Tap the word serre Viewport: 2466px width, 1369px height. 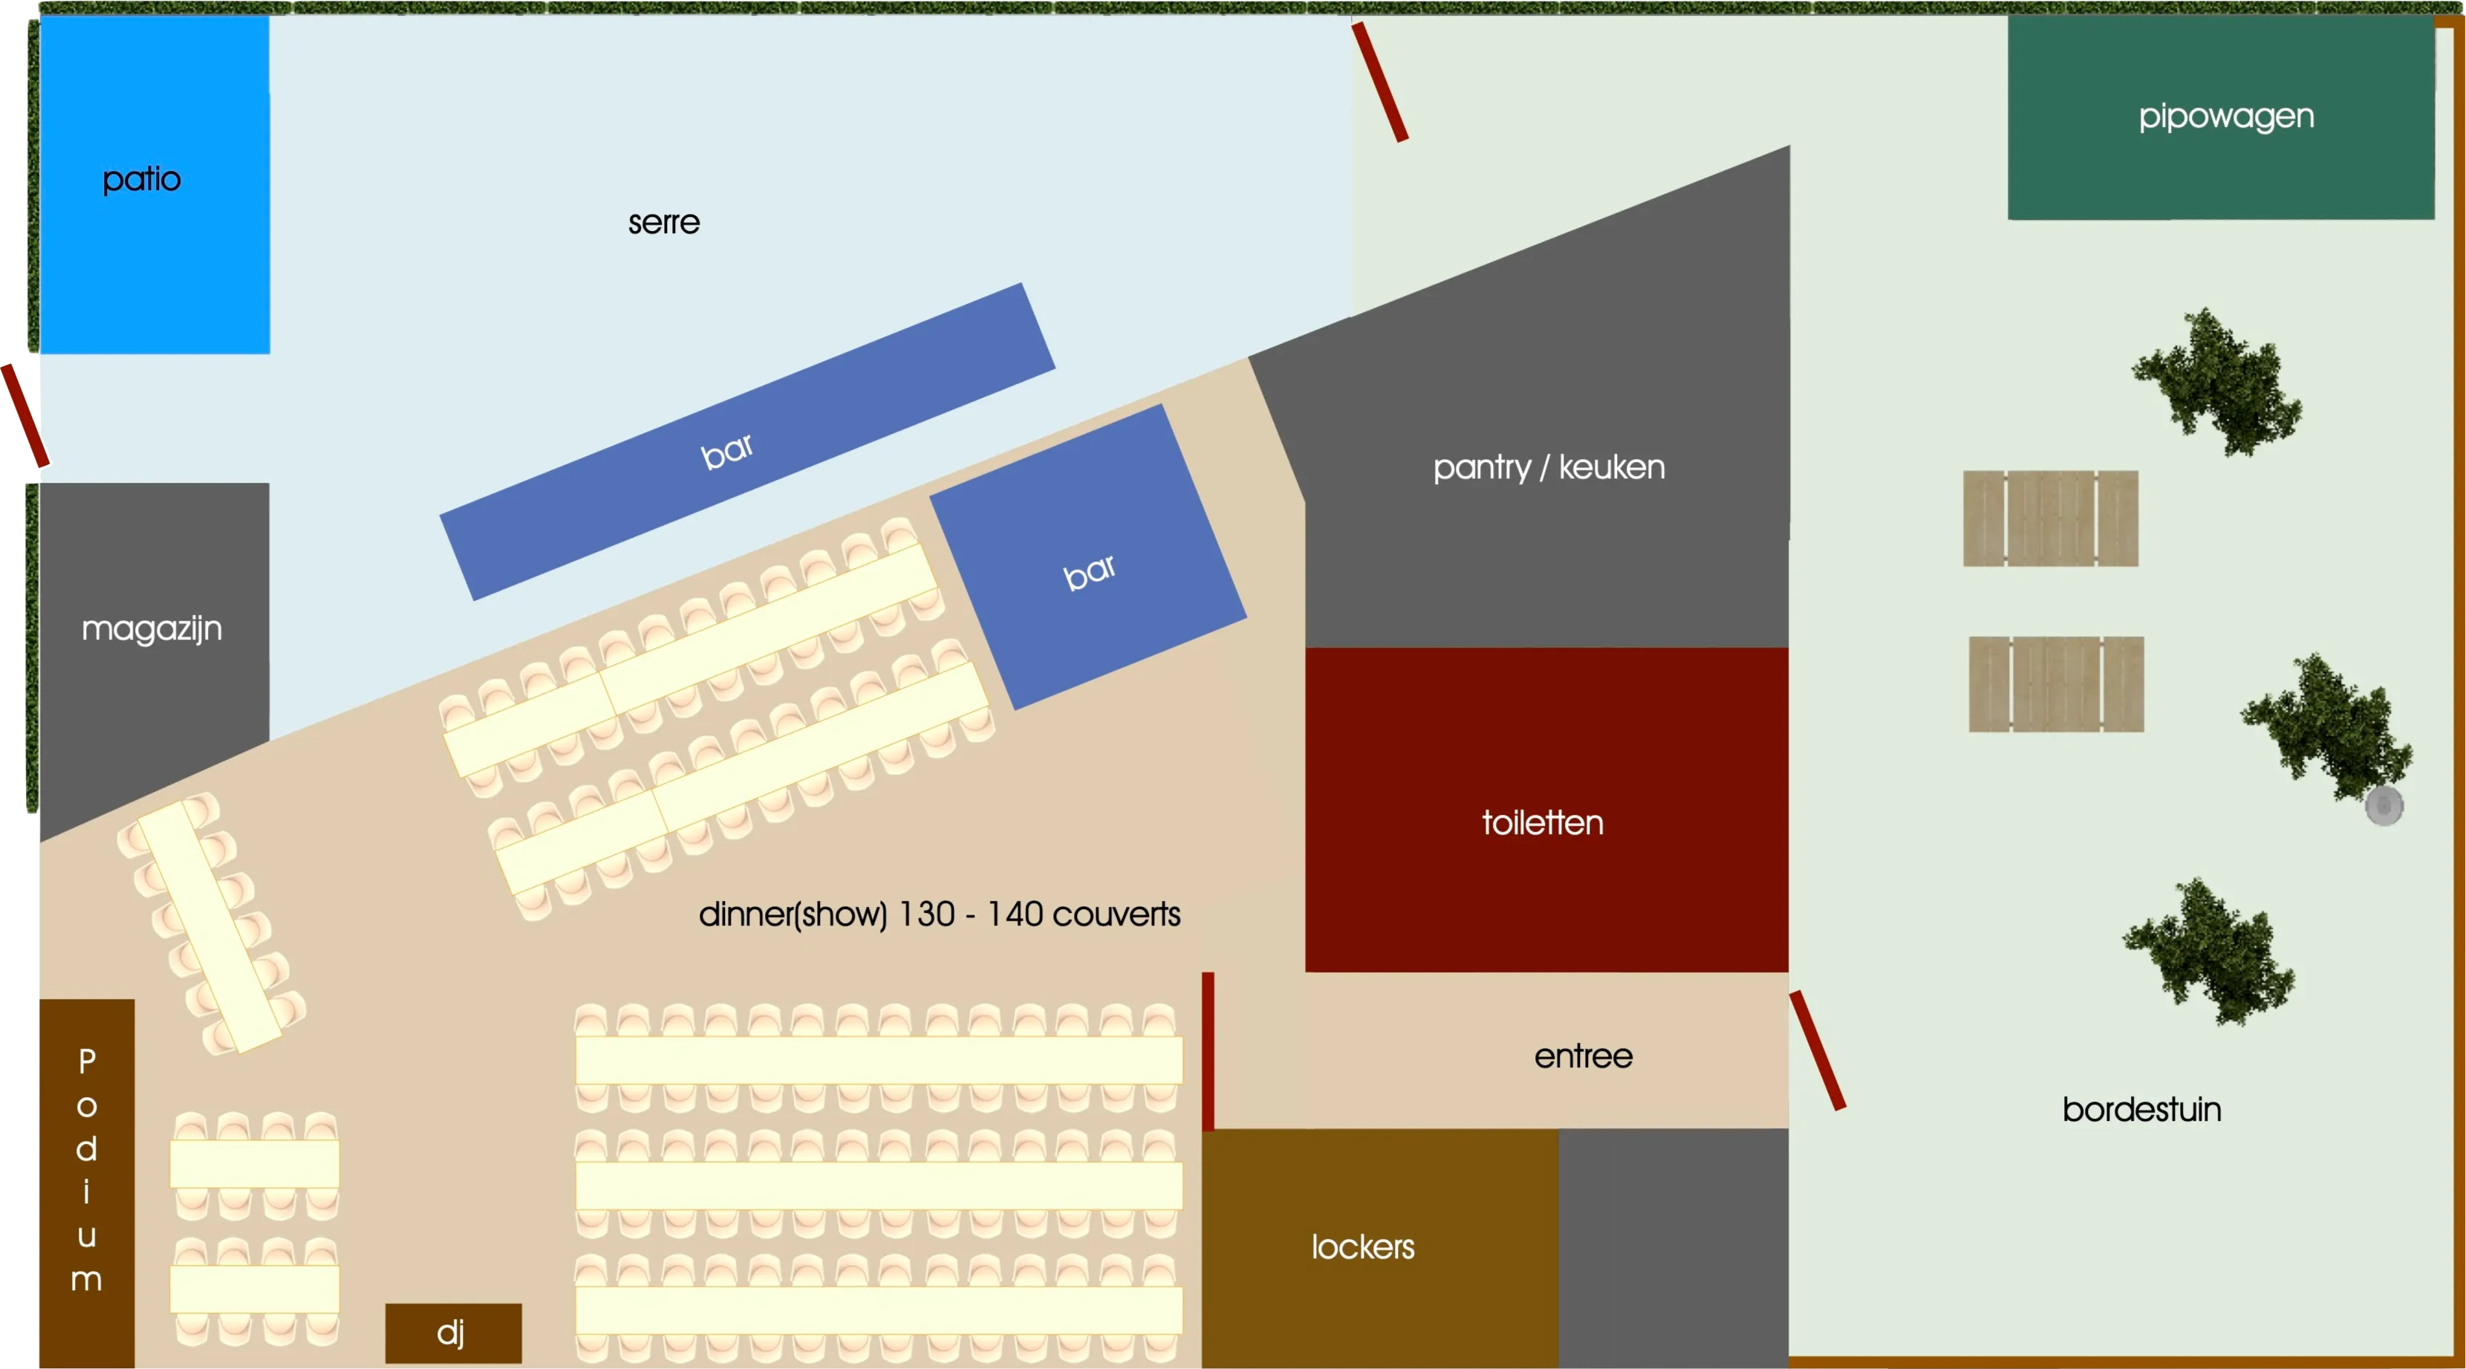tap(663, 223)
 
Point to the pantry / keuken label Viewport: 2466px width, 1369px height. tap(1548, 467)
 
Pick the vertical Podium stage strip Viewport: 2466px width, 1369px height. tap(86, 1183)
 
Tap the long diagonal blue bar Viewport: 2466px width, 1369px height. tap(746, 441)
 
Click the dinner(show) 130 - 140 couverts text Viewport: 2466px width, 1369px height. tap(938, 914)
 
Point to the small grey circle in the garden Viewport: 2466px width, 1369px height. tap(2383, 805)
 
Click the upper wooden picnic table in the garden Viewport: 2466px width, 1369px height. tap(2049, 518)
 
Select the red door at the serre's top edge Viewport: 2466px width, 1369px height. tap(1379, 82)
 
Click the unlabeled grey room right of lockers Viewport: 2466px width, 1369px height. tap(1673, 1246)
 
